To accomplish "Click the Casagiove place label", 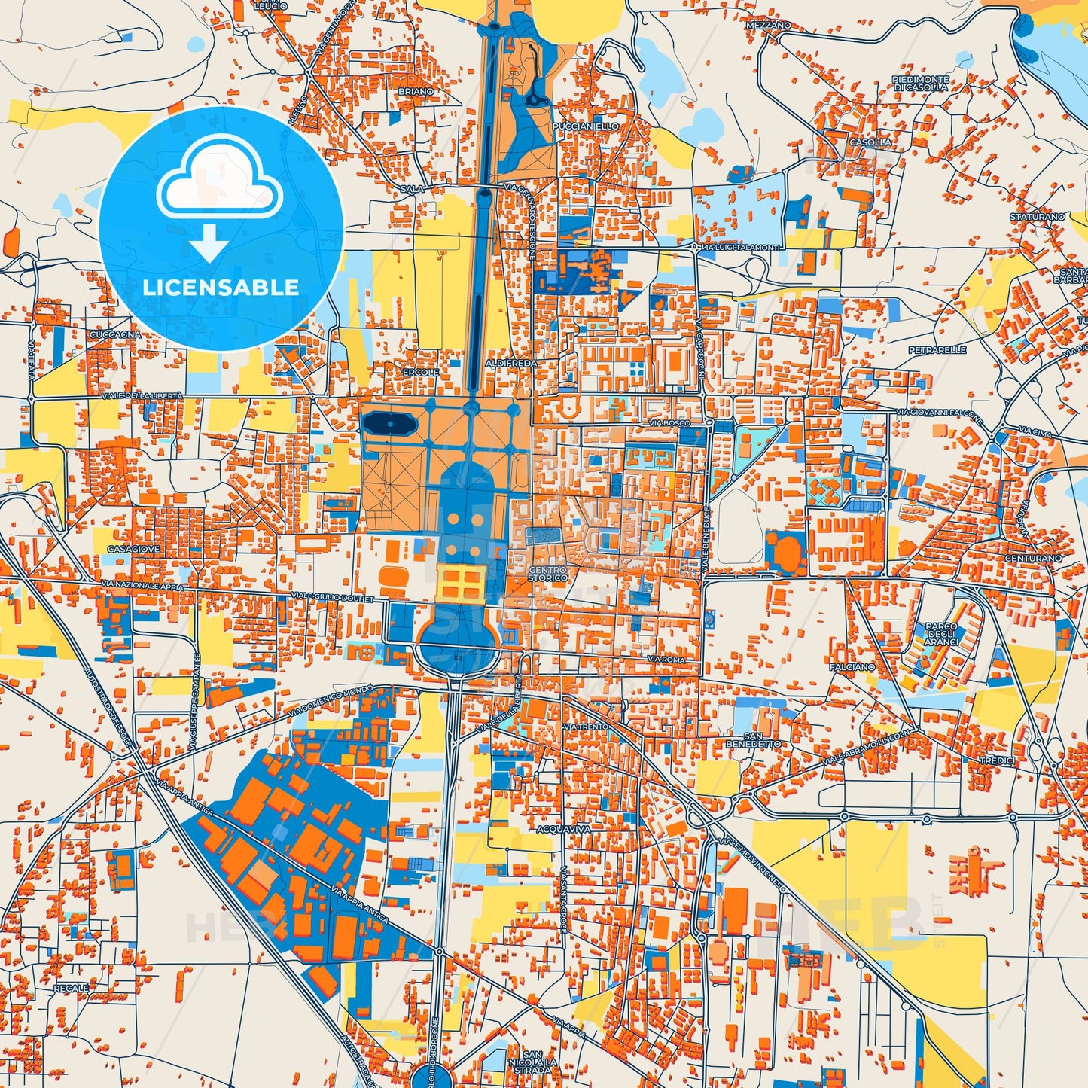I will pos(134,549).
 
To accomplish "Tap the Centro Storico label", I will pos(547,574).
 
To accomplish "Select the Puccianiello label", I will pos(585,126).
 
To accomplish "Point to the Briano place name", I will pos(416,91).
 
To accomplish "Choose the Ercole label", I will pos(420,372).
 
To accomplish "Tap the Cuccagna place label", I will pos(114,334).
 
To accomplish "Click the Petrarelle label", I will pos(937,350).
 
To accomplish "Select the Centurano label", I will pos(1033,558).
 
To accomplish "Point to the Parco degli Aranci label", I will pos(941,634).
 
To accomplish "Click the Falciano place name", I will pos(852,667).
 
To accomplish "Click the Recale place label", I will pos(71,987).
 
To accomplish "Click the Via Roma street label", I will pos(666,659).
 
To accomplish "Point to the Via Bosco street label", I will pos(669,423).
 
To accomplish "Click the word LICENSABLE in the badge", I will pos(221,287).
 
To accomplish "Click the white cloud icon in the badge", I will pos(219,184).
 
